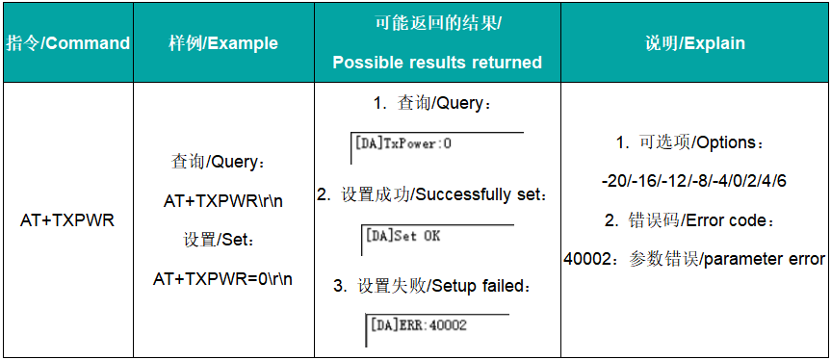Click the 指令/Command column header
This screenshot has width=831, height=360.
[x=67, y=43]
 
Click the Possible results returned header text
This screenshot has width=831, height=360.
[x=437, y=63]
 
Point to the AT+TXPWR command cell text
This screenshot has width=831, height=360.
[x=67, y=220]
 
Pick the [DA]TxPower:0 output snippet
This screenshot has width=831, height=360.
[x=403, y=144]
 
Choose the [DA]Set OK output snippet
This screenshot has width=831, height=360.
[x=403, y=236]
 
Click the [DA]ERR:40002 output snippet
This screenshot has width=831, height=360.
[x=418, y=325]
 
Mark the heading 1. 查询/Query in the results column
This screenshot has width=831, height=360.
[x=437, y=103]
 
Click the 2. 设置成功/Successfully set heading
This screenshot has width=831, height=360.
[x=437, y=195]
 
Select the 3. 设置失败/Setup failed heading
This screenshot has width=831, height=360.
[x=437, y=286]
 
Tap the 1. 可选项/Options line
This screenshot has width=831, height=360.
[x=692, y=142]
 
